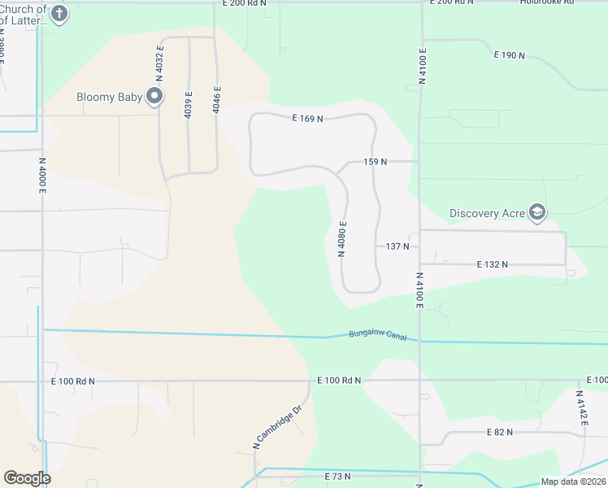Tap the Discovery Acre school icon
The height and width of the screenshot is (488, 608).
pos(536,213)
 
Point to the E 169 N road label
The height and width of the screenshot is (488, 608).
pos(308,119)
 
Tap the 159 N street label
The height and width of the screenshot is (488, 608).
pos(375,162)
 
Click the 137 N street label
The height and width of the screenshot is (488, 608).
pos(397,246)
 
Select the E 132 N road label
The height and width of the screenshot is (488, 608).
pos(492,264)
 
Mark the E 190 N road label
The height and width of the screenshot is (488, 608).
pos(510,55)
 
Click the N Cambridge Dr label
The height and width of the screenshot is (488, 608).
pos(277,427)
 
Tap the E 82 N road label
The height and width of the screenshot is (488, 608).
pos(499,432)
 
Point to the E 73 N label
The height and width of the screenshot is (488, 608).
pos(337,476)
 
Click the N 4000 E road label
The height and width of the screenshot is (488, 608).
pos(42,175)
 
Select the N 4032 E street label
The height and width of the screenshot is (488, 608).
pos(160,59)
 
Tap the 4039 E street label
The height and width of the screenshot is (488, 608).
pos(189,106)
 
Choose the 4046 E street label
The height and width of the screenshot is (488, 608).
pos(217,98)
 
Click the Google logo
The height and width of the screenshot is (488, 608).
pos(27,478)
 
